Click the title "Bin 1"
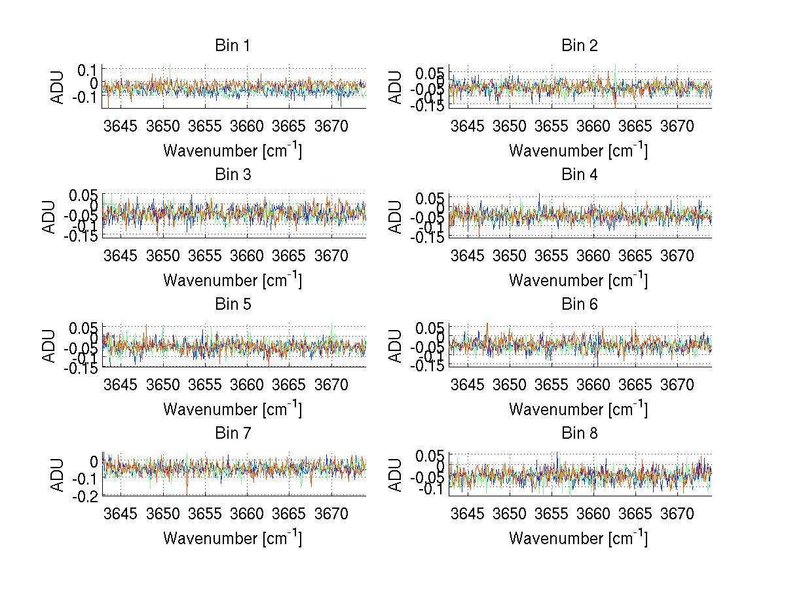(233, 46)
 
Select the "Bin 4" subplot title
(579, 175)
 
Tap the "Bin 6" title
(579, 304)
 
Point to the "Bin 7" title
(233, 433)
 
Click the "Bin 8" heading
(579, 433)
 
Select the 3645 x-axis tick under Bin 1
(121, 126)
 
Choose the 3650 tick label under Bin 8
(509, 513)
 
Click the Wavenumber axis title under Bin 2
(578, 151)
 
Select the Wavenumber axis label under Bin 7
(233, 538)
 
